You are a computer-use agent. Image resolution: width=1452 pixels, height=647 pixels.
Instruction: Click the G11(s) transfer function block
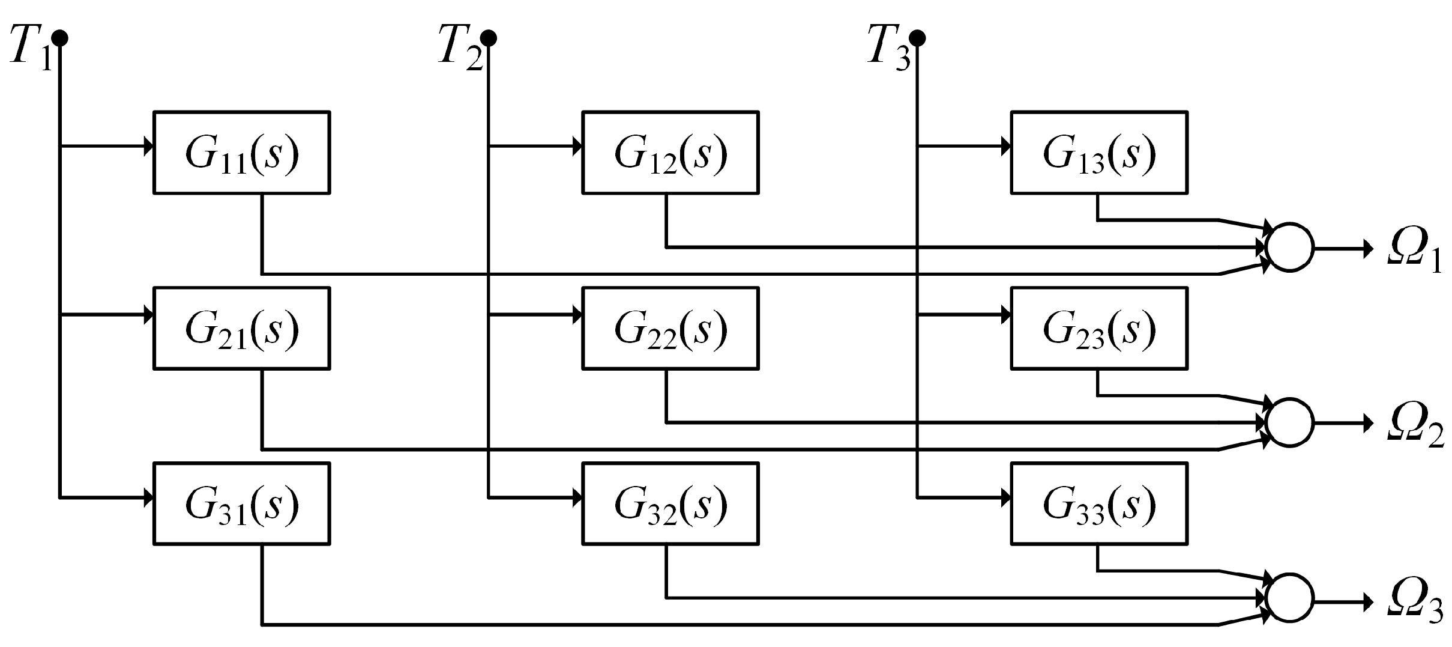pyautogui.click(x=241, y=153)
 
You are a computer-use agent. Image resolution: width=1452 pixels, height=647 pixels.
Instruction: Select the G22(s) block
pyautogui.click(x=670, y=328)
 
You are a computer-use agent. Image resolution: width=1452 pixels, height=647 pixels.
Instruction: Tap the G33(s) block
pyautogui.click(x=1098, y=503)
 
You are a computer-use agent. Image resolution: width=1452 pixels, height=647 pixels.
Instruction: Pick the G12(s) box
pyautogui.click(x=670, y=153)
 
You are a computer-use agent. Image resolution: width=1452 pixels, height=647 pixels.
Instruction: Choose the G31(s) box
pyautogui.click(x=241, y=503)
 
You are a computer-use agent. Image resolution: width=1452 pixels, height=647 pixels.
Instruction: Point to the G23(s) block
pyautogui.click(x=1098, y=328)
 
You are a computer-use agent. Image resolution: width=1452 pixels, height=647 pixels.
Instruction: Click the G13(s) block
pyautogui.click(x=1098, y=153)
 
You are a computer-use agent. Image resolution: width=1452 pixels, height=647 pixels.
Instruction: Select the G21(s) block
pyautogui.click(x=241, y=328)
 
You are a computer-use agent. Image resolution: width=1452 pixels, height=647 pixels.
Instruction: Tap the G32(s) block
pyautogui.click(x=670, y=503)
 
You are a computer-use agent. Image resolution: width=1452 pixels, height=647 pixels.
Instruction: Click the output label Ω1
pyautogui.click(x=1414, y=255)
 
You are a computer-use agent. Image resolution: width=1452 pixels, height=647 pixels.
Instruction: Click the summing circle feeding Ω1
pyautogui.click(x=1289, y=248)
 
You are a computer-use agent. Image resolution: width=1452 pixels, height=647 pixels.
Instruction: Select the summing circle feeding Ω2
pyautogui.click(x=1289, y=423)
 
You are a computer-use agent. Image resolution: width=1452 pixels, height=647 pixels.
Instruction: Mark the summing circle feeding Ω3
pyautogui.click(x=1289, y=598)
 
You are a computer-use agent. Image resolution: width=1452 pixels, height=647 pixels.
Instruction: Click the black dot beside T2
pyautogui.click(x=489, y=38)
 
